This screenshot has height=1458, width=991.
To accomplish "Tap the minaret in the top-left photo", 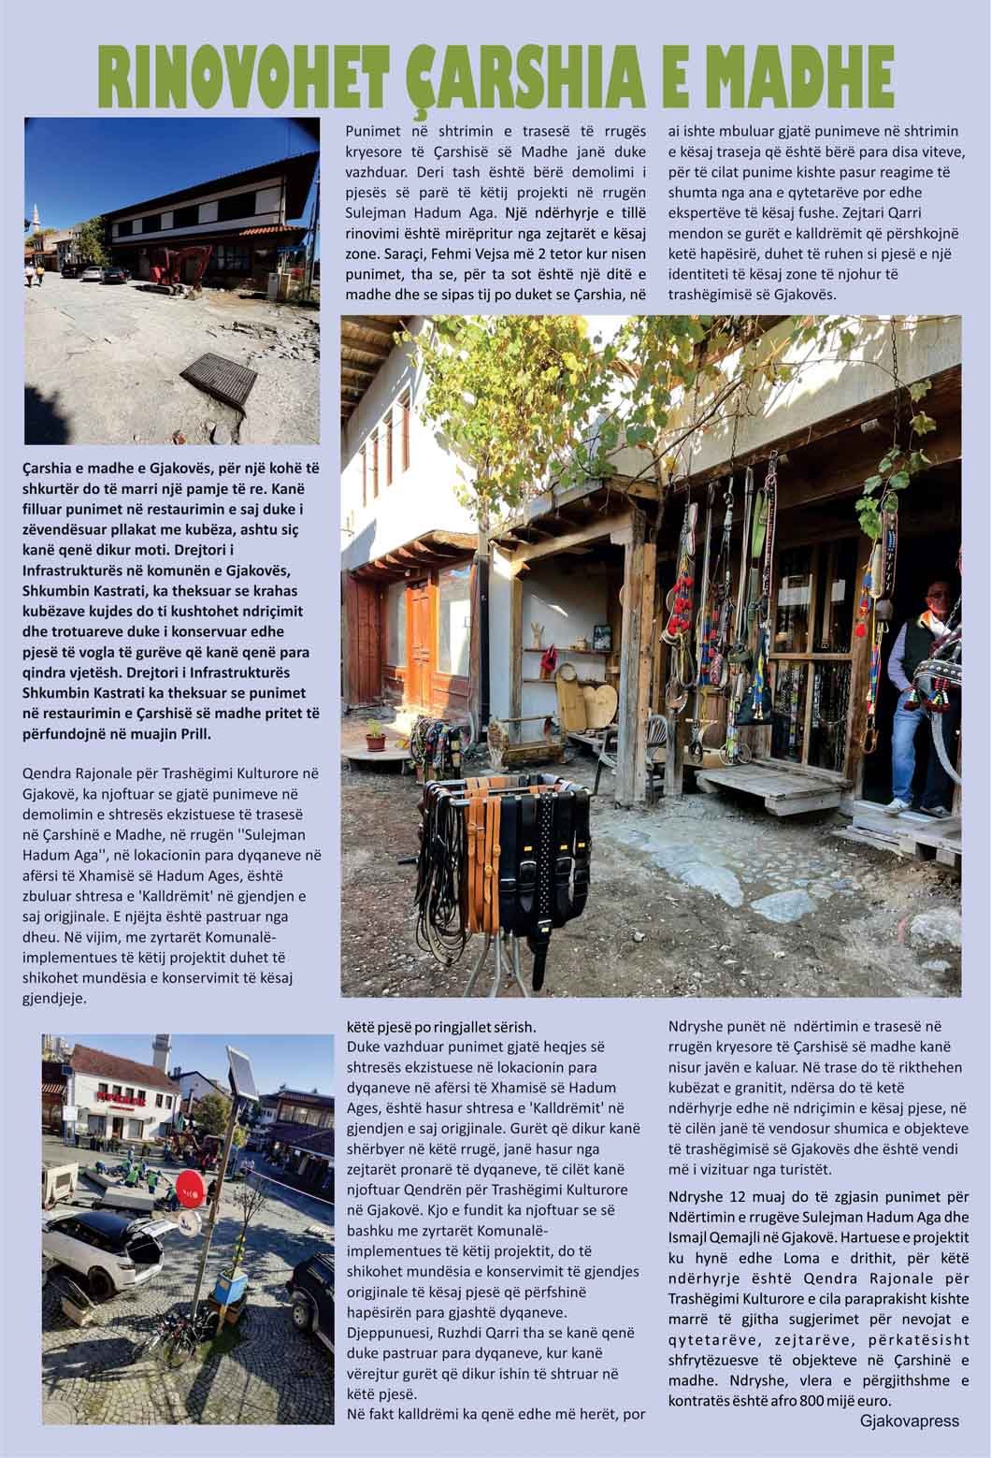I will pos(35,221).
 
